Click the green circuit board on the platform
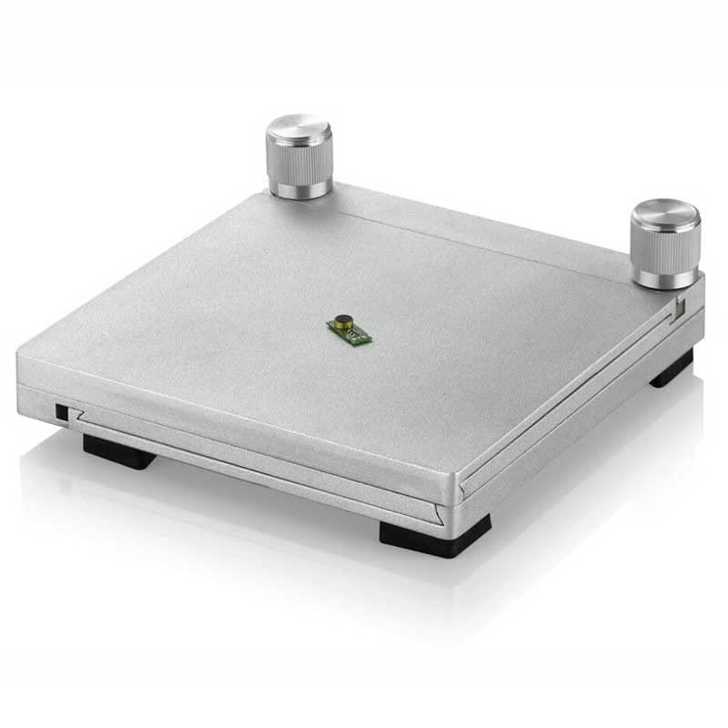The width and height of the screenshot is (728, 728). (350, 329)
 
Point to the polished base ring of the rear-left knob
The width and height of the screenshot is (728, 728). (299, 188)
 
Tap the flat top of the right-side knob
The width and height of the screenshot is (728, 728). (666, 216)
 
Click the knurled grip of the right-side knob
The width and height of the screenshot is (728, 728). (665, 248)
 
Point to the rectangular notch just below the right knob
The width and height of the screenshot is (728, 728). (678, 308)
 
